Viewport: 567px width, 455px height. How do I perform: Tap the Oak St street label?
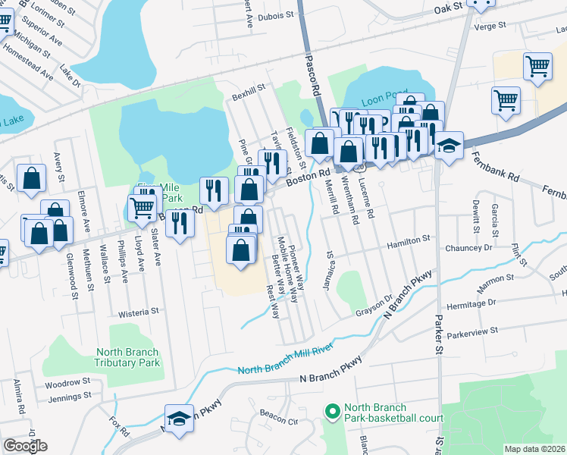point(446,10)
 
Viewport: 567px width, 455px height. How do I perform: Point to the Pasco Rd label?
point(312,74)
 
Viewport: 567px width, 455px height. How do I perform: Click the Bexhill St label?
point(249,88)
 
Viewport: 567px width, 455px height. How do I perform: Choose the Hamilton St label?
point(409,238)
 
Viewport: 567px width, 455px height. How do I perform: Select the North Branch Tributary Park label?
point(127,357)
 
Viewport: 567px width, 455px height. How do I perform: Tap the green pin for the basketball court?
point(331,412)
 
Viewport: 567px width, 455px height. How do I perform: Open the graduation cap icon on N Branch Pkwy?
point(179,419)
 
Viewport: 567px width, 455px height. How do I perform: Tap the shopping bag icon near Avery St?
point(32,179)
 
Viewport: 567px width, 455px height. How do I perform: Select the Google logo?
point(25,446)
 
